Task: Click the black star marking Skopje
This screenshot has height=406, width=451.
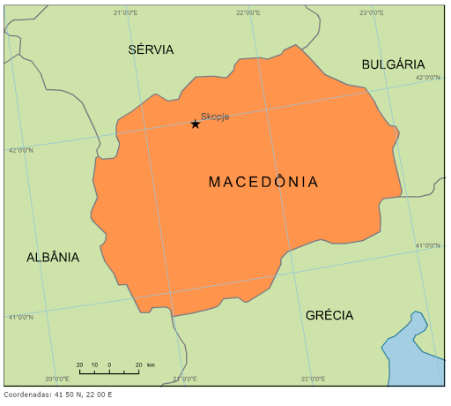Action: point(196,124)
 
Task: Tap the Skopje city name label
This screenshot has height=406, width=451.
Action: point(215,116)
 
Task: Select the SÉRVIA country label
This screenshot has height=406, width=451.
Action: point(151,49)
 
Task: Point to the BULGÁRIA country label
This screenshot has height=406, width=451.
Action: point(393,64)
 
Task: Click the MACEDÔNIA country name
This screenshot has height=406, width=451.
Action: point(263,182)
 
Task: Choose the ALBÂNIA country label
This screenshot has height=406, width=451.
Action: point(53,258)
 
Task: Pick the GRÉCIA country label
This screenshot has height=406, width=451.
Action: point(329,315)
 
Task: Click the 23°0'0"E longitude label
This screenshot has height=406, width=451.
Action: point(372,12)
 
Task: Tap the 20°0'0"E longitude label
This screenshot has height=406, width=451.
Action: point(57,379)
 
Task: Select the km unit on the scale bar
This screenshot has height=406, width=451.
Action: point(151,365)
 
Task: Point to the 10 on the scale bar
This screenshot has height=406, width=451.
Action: point(94,365)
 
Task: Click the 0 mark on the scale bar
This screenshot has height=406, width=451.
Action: point(109,365)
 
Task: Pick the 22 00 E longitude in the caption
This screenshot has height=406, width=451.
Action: point(99,395)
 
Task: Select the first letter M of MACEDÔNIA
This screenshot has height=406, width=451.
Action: point(214,182)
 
